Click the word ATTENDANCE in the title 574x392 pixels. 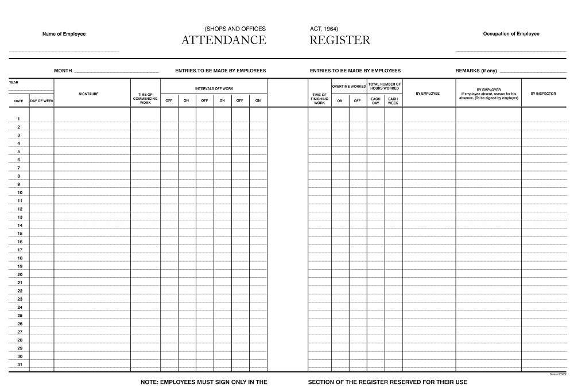[224, 40]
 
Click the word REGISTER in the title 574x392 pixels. [340, 40]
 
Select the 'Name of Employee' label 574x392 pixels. [64, 34]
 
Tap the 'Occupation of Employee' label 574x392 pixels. [511, 34]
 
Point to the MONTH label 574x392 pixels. [63, 71]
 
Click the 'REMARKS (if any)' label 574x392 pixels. [476, 71]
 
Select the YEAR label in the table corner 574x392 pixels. [14, 82]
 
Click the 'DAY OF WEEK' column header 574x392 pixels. [41, 100]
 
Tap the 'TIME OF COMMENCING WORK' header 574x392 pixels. [145, 98]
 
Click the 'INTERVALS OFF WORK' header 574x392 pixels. [214, 88]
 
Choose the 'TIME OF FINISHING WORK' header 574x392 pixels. [320, 98]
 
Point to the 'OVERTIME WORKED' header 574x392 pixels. [349, 87]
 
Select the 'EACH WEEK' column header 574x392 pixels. [393, 100]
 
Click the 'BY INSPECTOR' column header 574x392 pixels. [543, 94]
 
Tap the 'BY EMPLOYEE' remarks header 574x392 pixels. [428, 94]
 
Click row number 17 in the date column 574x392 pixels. [20, 250]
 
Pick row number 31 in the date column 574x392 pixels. [20, 364]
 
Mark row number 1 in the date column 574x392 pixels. [19, 119]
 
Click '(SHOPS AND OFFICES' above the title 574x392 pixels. [235, 29]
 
